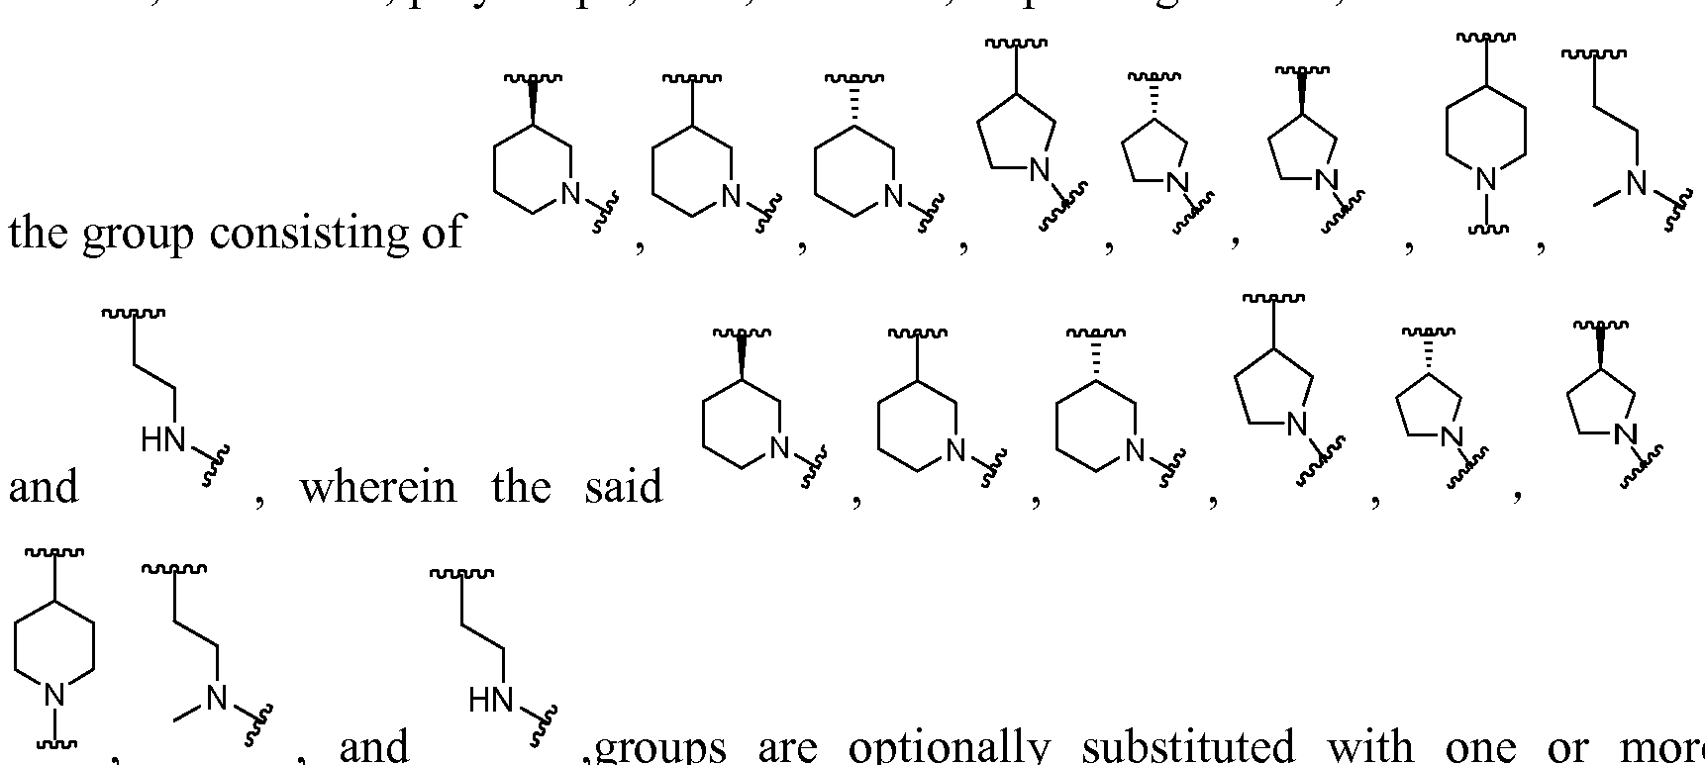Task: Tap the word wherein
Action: click(x=377, y=487)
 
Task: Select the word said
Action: click(x=623, y=487)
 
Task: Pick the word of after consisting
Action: click(x=441, y=233)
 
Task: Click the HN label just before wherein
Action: click(x=163, y=440)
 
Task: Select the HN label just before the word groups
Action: click(x=491, y=702)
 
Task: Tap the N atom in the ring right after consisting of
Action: click(x=570, y=195)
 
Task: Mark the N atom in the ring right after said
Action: click(x=779, y=449)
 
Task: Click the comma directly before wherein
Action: click(x=258, y=501)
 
